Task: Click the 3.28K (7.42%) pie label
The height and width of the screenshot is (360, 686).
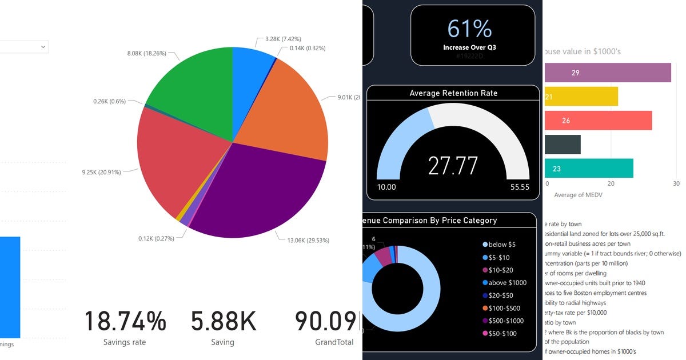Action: point(286,39)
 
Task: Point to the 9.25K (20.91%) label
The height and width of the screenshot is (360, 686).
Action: point(101,171)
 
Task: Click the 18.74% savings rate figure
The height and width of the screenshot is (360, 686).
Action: point(125,321)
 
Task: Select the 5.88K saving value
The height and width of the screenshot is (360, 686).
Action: point(223,321)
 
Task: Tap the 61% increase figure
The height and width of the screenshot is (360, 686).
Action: point(469,29)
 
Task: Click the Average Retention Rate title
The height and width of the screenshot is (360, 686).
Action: point(453,93)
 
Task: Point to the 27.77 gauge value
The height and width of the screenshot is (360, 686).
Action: point(453,165)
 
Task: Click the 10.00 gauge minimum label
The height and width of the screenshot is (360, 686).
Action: point(387,187)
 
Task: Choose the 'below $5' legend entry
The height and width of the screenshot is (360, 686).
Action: point(501,245)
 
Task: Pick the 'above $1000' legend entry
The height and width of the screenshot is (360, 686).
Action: point(507,282)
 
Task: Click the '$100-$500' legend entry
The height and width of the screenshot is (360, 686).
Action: point(505,308)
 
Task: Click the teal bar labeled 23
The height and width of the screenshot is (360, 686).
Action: point(589,168)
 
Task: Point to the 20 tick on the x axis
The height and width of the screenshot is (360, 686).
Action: point(611,184)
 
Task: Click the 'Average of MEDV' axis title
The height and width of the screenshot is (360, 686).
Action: point(578,195)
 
